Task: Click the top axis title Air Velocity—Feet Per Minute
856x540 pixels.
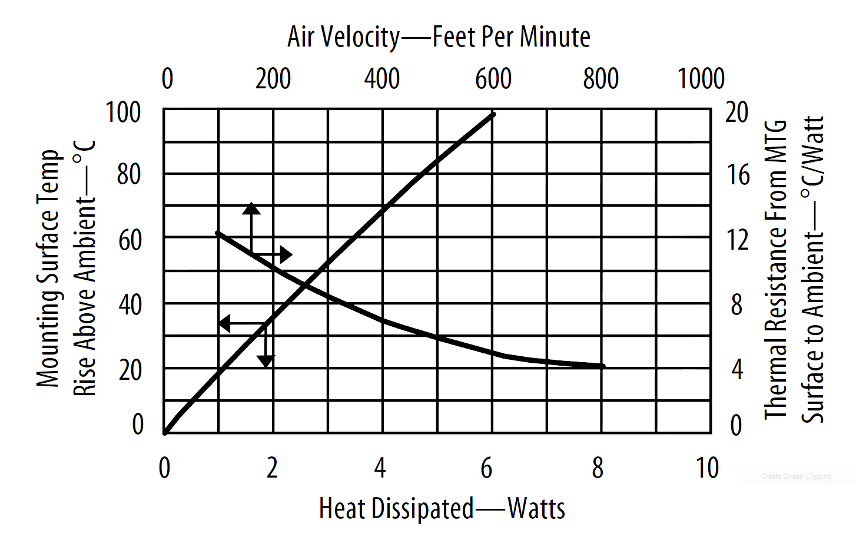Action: tap(439, 37)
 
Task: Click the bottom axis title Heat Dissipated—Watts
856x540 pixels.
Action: tap(442, 509)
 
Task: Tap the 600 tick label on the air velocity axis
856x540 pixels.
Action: tap(493, 79)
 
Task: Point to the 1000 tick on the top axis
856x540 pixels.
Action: tap(701, 79)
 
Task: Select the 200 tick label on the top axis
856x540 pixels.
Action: tap(273, 79)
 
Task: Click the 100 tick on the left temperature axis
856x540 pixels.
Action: tap(123, 112)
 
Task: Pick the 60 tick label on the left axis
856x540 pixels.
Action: tap(130, 240)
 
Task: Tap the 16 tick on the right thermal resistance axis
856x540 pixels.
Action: tap(738, 175)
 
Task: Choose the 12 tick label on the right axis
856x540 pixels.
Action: tap(737, 240)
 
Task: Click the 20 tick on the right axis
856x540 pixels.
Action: tap(736, 112)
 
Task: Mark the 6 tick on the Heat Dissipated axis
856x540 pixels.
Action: tap(486, 468)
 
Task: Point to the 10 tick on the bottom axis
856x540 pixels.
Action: tap(707, 468)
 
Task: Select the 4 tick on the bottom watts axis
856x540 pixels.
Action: tap(380, 468)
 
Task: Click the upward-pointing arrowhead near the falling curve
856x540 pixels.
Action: tap(251, 208)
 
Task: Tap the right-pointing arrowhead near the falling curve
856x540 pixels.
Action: tap(286, 254)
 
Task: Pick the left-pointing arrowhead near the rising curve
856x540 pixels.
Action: tap(224, 323)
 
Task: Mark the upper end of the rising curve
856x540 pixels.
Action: tap(493, 114)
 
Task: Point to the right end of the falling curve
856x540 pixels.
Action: tap(603, 366)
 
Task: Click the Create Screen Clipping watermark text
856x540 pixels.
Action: tap(796, 476)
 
